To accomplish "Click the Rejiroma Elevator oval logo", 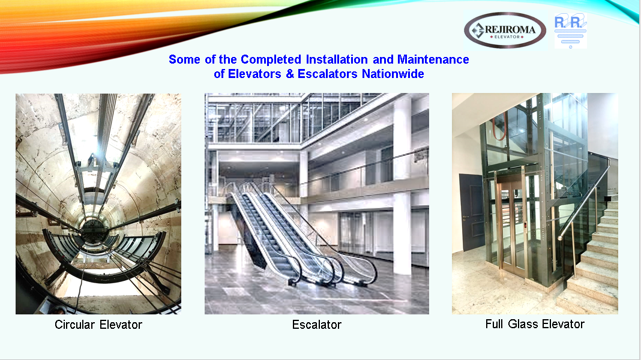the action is pyautogui.click(x=505, y=31).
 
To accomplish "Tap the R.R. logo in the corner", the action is pyautogui.click(x=570, y=31).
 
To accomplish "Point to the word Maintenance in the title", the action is pyautogui.click(x=433, y=59).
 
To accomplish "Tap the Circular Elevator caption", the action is pyautogui.click(x=98, y=325).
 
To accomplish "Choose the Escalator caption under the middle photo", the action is pyautogui.click(x=317, y=325).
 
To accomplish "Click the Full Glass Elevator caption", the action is pyautogui.click(x=535, y=324).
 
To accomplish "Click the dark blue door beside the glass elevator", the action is pyautogui.click(x=471, y=212).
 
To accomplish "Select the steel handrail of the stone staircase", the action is pyautogui.click(x=585, y=198).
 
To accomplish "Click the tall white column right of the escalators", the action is pyautogui.click(x=402, y=184).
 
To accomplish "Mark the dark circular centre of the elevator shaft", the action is pyautogui.click(x=94, y=232).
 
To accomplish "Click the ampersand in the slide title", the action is pyautogui.click(x=290, y=74).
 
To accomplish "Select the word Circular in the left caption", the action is pyautogui.click(x=75, y=325).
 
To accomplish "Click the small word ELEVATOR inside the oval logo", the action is pyautogui.click(x=507, y=37).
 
